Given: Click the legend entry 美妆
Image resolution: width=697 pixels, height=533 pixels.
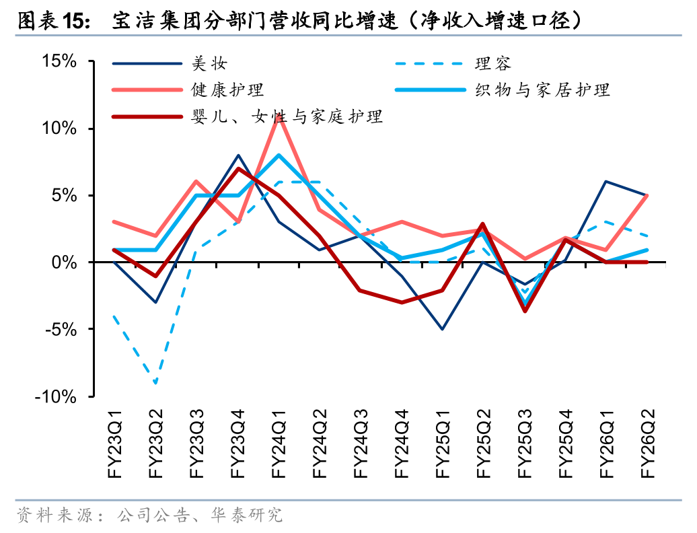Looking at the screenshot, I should (209, 64).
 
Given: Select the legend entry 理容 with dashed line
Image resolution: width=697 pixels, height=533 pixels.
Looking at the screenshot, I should (492, 64).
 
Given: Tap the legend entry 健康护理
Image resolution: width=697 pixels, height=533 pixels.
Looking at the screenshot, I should (227, 90).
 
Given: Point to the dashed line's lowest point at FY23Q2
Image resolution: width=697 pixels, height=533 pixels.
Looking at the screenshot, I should (156, 383).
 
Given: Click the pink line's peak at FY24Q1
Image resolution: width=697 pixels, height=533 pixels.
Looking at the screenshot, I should (279, 116).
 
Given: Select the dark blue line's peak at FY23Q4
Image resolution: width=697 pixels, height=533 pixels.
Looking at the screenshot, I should (238, 155).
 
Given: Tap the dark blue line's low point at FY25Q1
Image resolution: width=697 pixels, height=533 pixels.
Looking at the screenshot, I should (443, 329).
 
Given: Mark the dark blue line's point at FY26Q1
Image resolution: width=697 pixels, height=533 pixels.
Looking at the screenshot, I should (606, 182).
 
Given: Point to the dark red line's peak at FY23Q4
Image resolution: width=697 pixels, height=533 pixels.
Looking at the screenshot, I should (238, 168).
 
